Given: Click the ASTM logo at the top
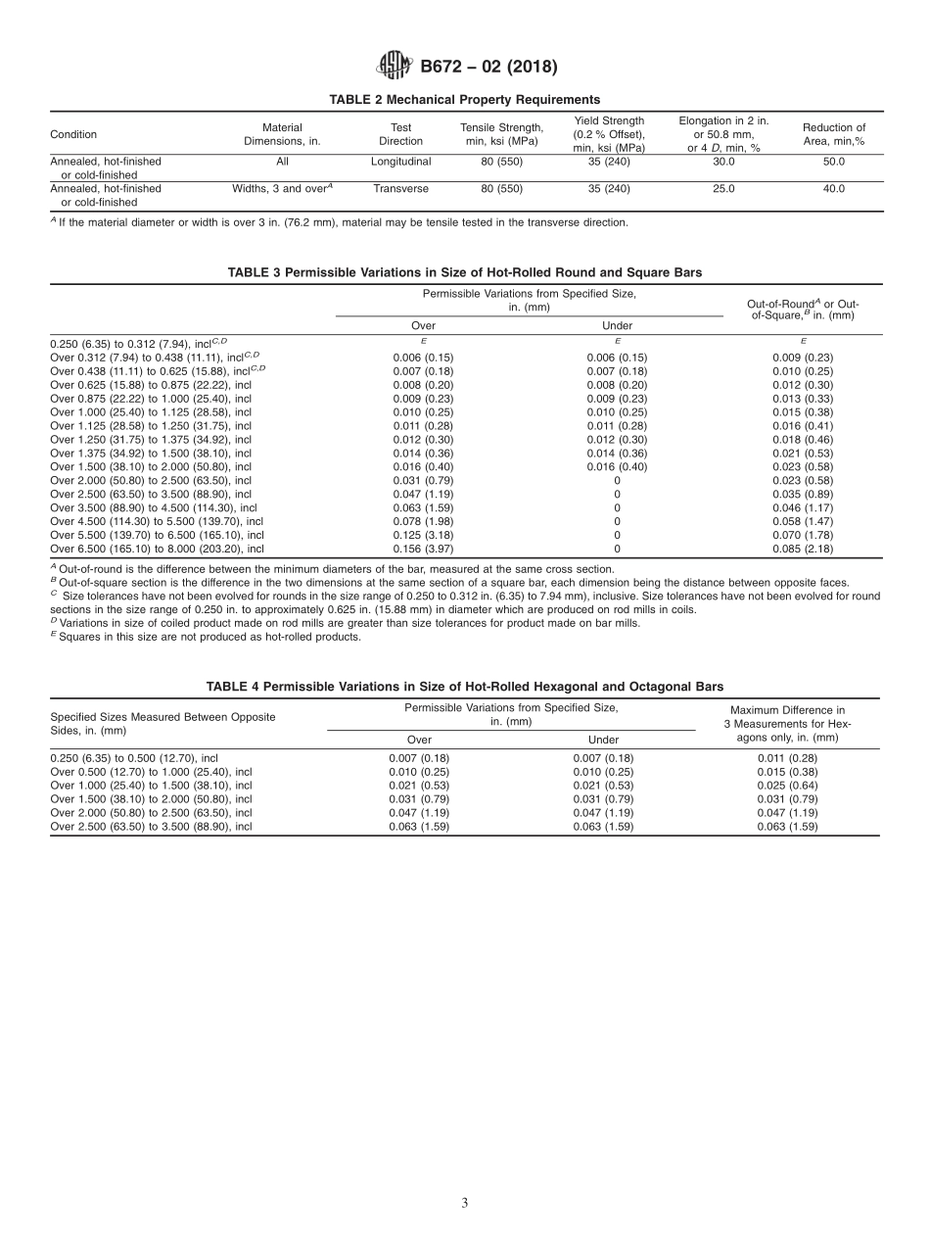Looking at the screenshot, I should pos(394,67).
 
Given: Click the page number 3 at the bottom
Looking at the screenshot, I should pos(465,1204).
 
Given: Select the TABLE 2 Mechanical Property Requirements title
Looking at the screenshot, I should pos(465,99).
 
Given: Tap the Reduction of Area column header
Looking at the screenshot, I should pos(833,134).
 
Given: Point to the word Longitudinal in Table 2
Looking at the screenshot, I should pos(401,161).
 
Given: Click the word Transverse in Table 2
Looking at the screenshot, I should pos(401,188).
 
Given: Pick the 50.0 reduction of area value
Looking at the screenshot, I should pos(833,161).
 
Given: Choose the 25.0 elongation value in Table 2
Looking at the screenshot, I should pos(723,188).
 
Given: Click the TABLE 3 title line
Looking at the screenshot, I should pos(465,272).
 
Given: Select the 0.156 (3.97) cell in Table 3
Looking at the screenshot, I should pos(422,549).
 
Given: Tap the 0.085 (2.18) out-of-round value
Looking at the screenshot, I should pos(803,549).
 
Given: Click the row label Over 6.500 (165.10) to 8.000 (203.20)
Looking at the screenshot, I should pos(157,549).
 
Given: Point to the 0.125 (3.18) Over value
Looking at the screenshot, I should pos(422,535).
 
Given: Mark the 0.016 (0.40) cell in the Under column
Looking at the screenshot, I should pos(617,467).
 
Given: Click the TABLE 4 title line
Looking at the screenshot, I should pos(465,687).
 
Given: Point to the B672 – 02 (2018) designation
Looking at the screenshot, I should pos(488,68).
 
